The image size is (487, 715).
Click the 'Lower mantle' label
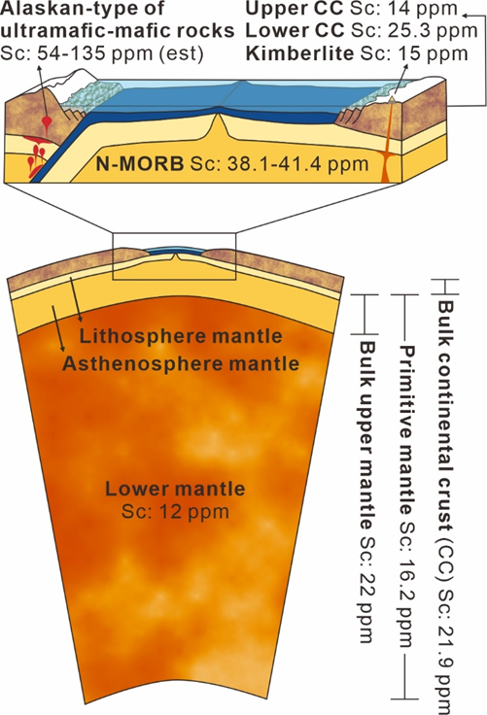coord(175,489)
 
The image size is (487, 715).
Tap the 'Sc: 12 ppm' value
coord(175,512)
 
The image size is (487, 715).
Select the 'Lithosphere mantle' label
coord(181,336)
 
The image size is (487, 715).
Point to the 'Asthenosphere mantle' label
coord(181,364)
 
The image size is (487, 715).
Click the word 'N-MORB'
coord(140,163)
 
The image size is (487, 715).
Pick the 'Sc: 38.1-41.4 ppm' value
coord(279,163)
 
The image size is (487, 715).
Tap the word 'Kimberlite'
coord(299,53)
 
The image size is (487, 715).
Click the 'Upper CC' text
coord(294,8)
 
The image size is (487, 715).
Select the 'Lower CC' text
coord(295,30)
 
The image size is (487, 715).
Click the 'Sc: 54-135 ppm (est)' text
coord(102,53)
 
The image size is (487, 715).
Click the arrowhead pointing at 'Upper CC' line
coord(466,16)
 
